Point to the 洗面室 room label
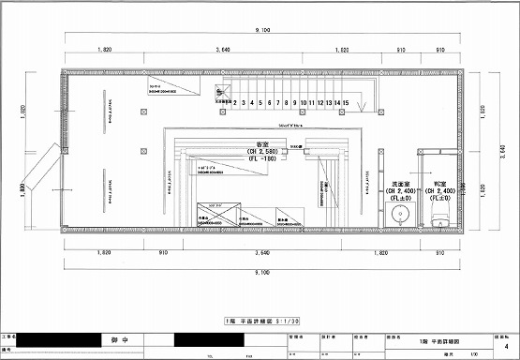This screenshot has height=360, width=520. coord(403,184)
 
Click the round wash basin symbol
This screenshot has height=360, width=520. coord(403,215)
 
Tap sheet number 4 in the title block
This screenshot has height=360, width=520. coord(505,345)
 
